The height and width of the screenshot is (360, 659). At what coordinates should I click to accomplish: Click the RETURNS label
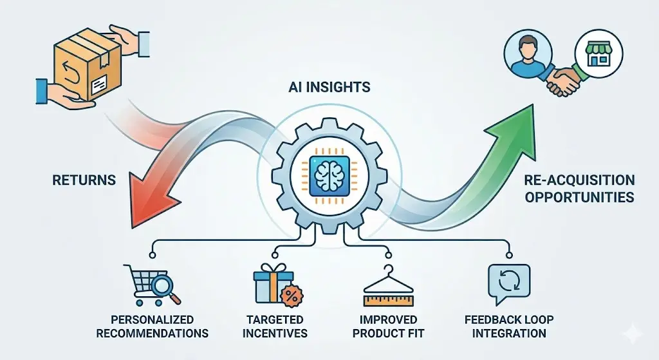84,180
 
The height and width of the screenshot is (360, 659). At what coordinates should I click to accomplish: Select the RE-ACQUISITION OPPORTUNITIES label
579,188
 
